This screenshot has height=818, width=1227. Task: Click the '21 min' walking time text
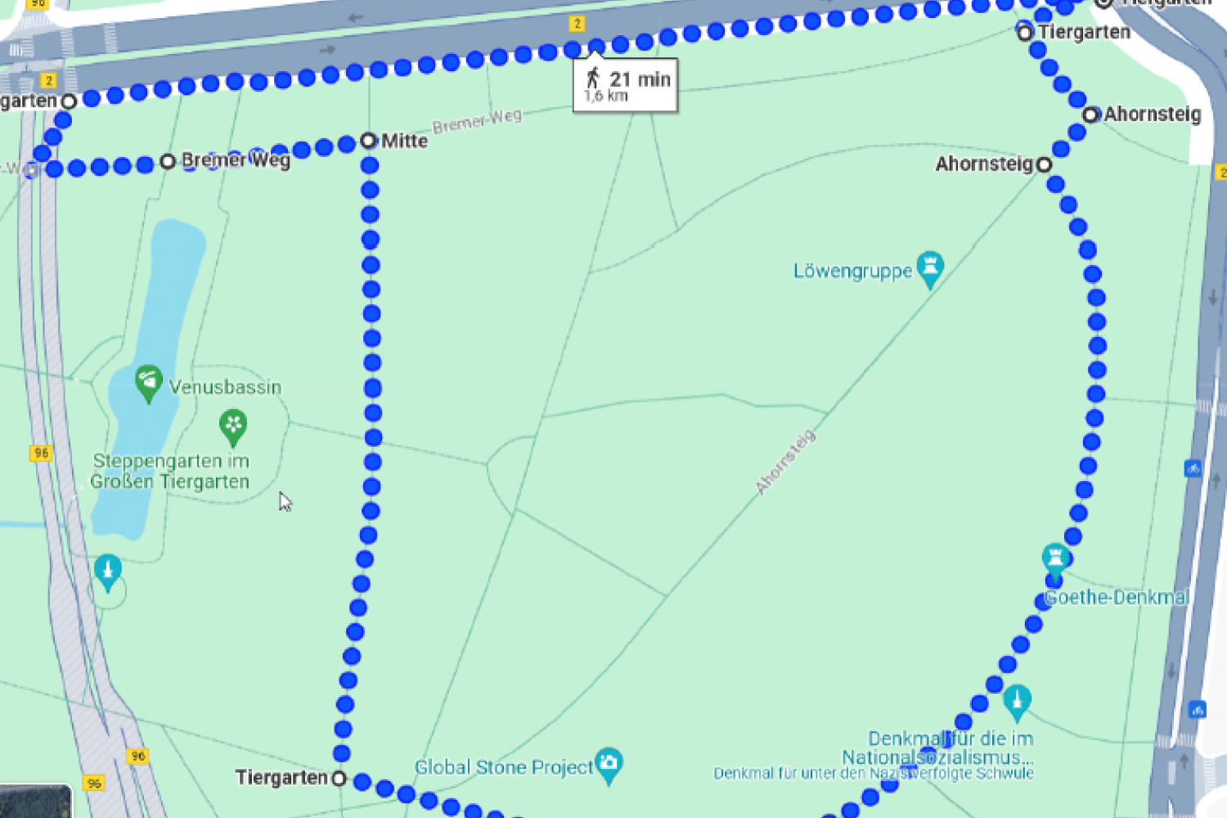click(640, 79)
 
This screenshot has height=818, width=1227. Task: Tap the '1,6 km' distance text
click(606, 97)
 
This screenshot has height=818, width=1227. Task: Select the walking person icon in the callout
click(593, 79)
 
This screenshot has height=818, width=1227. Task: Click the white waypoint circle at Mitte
click(368, 141)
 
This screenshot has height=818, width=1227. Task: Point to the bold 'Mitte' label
click(404, 141)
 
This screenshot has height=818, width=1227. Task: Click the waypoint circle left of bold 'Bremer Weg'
click(168, 161)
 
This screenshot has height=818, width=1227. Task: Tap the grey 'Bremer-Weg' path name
click(477, 122)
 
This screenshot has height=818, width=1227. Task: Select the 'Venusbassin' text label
click(225, 387)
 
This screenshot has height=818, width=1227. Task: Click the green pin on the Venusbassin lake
click(148, 382)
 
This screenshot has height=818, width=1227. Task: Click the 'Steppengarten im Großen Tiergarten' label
click(170, 471)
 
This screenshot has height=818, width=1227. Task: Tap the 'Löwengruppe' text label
click(852, 271)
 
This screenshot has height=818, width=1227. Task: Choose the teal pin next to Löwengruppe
click(930, 268)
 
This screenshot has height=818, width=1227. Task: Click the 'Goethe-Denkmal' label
click(1116, 597)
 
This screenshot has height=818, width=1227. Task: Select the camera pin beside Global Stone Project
click(609, 764)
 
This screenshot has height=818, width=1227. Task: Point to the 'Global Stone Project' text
click(503, 767)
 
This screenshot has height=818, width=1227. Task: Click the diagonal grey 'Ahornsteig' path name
click(785, 462)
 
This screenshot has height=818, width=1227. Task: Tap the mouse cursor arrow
click(284, 501)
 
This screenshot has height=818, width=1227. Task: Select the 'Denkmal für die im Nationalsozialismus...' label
click(937, 748)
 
